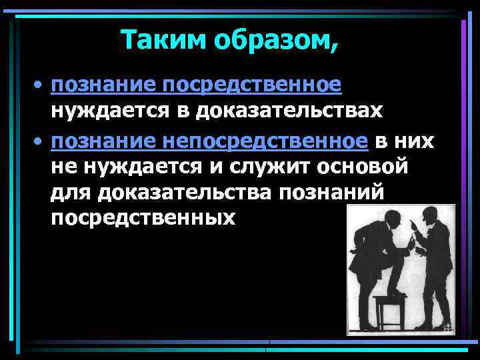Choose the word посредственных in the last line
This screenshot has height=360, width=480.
(143, 218)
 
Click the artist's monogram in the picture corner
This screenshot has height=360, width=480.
(448, 328)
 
